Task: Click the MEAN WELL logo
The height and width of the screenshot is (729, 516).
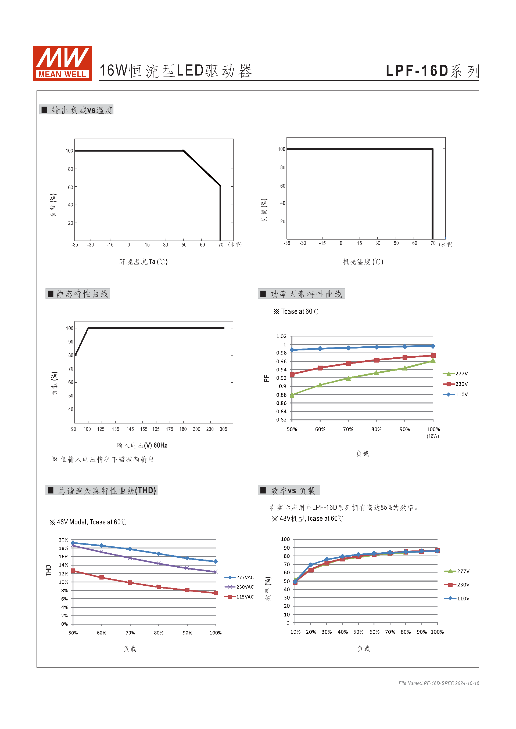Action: (x=62, y=63)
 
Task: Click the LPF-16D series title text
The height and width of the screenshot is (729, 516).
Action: (x=432, y=71)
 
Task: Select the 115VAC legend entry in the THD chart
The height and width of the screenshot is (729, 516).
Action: (x=239, y=597)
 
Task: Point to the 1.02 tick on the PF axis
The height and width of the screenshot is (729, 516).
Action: (x=281, y=336)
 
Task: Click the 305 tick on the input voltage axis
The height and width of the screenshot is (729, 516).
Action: (x=223, y=429)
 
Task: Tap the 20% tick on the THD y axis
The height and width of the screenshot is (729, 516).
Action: (x=63, y=540)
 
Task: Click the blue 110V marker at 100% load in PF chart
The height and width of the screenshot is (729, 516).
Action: (x=433, y=346)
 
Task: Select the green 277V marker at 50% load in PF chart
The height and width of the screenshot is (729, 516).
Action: (x=292, y=395)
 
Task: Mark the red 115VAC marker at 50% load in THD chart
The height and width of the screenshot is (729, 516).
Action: (x=73, y=571)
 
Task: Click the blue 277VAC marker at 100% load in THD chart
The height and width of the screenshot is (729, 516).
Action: (x=216, y=561)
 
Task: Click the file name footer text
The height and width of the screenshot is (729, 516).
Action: (x=439, y=683)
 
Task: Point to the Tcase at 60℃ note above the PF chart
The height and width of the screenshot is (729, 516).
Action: (x=296, y=311)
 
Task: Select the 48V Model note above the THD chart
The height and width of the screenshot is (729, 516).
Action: (x=88, y=522)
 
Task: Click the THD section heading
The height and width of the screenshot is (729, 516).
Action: (x=102, y=491)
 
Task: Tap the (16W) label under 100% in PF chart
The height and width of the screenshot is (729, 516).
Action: (x=433, y=436)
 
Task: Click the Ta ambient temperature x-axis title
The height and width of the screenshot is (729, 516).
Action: (x=143, y=262)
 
